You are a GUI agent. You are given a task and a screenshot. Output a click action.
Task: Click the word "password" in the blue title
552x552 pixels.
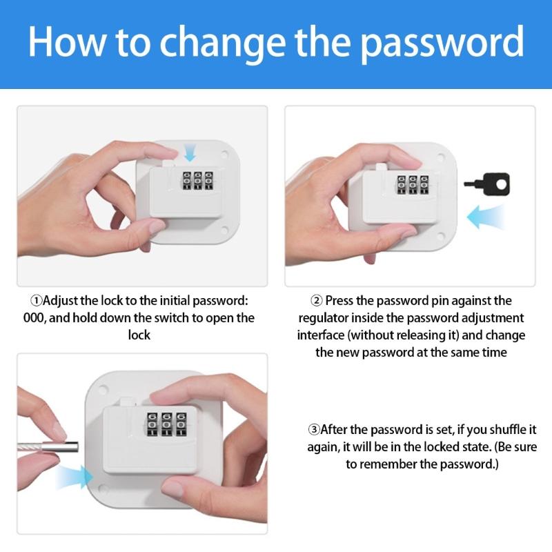[442, 43]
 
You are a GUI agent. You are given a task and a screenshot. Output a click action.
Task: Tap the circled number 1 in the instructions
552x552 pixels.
[37, 302]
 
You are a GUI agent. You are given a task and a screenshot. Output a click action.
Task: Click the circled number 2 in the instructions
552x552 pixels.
[317, 301]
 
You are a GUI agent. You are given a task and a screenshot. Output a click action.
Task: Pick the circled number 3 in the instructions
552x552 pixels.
[315, 429]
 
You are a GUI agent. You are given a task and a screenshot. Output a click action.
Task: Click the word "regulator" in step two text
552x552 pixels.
[322, 318]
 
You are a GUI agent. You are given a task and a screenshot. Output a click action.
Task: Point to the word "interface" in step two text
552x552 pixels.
[321, 335]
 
